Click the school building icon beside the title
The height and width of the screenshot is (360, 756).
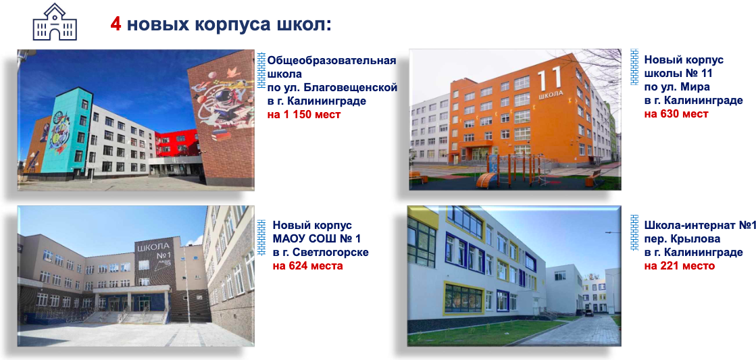55,22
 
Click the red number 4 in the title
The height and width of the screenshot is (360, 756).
116,24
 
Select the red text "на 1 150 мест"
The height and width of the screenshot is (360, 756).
304,115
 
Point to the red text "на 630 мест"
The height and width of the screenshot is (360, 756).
676,114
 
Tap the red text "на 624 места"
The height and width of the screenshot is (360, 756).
307,265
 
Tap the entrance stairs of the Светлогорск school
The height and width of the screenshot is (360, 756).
122,315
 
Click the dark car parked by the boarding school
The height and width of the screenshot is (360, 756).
588,313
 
